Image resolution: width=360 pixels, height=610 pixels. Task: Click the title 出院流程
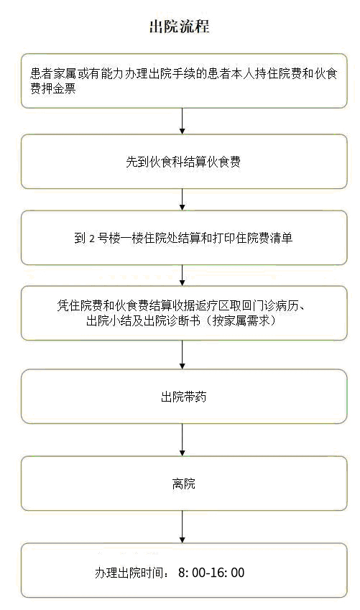[180, 27]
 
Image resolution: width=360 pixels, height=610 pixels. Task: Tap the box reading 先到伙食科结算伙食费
[184, 162]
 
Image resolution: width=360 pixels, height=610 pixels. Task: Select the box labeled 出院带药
[184, 397]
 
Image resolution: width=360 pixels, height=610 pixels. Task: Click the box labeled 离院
[184, 484]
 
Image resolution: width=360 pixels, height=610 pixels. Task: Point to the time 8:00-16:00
[211, 573]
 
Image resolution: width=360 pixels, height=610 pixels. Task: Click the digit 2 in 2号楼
[92, 238]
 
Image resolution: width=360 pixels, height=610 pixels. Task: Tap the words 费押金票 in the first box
[53, 88]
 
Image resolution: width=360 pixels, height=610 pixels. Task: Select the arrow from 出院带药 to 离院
[182, 440]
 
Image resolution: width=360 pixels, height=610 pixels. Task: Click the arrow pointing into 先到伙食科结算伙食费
[182, 121]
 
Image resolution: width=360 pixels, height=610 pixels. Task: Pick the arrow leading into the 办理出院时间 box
[182, 527]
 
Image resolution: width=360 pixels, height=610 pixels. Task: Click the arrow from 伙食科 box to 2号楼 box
[182, 200]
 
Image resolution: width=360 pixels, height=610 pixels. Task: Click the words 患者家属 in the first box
[53, 73]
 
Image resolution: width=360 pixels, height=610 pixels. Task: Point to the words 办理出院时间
[129, 573]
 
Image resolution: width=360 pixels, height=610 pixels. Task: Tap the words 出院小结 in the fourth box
[109, 320]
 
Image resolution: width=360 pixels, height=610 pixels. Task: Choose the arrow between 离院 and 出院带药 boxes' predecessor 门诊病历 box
[182, 355]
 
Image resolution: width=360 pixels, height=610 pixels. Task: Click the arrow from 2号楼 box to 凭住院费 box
[182, 275]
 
